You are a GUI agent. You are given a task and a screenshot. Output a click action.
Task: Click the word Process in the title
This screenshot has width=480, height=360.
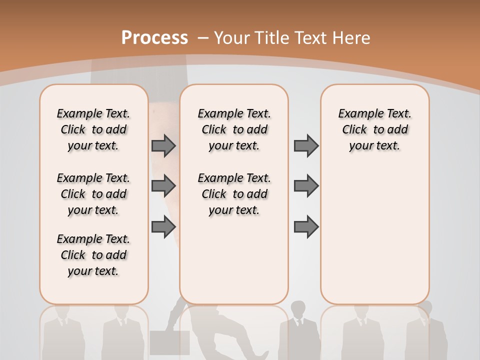tap(154, 38)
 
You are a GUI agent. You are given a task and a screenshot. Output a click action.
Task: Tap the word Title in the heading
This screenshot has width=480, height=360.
tap(272, 38)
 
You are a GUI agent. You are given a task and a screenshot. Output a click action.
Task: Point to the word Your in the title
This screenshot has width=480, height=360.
tap(233, 38)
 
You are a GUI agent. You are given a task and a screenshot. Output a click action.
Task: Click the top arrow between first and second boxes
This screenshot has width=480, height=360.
tap(163, 146)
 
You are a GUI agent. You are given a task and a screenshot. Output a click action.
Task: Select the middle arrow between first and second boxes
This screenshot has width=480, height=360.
tap(163, 186)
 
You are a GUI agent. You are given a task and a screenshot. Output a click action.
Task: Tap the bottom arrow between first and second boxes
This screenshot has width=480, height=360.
tap(163, 226)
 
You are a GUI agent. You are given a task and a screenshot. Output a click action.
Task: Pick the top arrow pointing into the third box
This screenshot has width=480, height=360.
tap(306, 146)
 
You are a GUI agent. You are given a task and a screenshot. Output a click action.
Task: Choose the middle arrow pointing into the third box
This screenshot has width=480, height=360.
tap(306, 186)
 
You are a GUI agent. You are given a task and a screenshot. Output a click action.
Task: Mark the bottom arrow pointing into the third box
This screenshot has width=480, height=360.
tap(306, 226)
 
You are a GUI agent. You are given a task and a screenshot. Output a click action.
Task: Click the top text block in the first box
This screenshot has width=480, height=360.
tap(93, 129)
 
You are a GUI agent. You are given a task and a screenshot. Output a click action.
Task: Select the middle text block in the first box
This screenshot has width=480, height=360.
tap(93, 194)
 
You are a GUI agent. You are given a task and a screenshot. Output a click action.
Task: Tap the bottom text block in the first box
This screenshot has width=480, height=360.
tap(93, 255)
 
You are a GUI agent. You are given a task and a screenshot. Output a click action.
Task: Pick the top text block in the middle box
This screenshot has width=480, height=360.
tap(234, 129)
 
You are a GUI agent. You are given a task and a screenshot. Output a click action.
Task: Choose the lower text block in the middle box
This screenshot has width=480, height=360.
tap(234, 194)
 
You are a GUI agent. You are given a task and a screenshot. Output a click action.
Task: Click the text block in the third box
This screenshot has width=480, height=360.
tap(375, 129)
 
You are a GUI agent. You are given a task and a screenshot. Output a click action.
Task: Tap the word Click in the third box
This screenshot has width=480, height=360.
tap(354, 130)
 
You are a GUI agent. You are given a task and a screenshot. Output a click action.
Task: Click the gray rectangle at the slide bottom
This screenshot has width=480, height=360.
tap(169, 342)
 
